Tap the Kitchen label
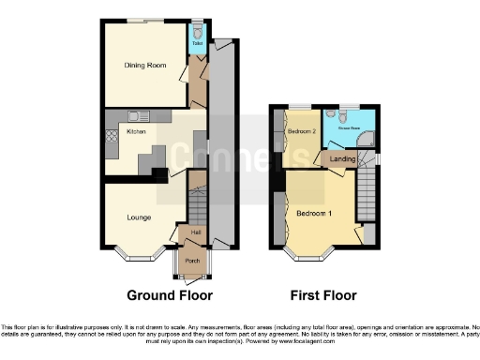tap(137, 132)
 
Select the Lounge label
tap(140, 217)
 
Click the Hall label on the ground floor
tap(196, 232)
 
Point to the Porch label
tap(192, 261)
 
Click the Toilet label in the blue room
tap(198, 43)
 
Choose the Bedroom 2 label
tap(301, 131)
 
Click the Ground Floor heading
tap(165, 295)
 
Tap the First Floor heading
tap(323, 295)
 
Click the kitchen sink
tap(137, 116)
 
